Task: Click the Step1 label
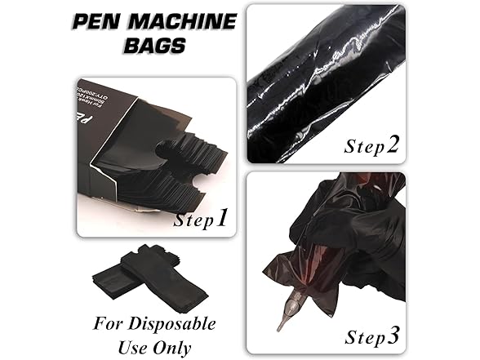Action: point(201,218)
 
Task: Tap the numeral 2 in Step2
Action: point(393,144)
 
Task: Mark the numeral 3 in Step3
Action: point(394,335)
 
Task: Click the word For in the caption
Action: point(113,324)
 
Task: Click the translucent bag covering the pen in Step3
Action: point(302,269)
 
